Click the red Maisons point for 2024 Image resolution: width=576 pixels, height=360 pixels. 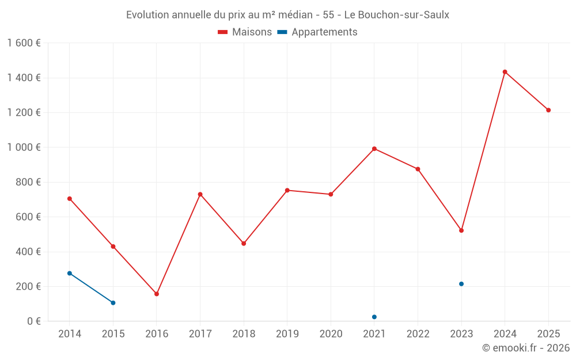(505, 72)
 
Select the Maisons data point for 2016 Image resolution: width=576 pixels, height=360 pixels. (157, 294)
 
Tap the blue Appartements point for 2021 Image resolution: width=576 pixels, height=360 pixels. (374, 317)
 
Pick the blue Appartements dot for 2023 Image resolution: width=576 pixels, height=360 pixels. (461, 284)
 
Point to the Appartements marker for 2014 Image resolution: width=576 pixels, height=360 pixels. (70, 273)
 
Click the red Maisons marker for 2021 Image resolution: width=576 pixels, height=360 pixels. (374, 149)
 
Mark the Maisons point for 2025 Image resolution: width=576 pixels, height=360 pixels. (548, 110)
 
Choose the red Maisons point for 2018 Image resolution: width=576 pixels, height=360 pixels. (244, 244)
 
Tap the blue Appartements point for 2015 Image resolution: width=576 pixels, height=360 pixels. (113, 303)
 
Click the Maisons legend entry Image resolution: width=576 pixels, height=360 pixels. (245, 32)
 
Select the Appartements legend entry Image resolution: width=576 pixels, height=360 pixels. (317, 32)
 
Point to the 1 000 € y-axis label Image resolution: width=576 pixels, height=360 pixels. (24, 147)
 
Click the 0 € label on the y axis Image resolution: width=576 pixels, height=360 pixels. (34, 321)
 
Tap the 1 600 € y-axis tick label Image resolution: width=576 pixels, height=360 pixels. (24, 43)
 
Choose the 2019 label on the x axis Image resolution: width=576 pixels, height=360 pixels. (287, 334)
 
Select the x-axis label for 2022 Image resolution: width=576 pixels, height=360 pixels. (418, 334)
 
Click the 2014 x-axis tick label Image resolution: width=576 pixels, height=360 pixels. (70, 334)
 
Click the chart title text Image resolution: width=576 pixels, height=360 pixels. (287, 15)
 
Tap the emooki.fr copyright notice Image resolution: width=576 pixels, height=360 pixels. (526, 347)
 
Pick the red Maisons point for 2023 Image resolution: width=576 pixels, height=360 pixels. (461, 231)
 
